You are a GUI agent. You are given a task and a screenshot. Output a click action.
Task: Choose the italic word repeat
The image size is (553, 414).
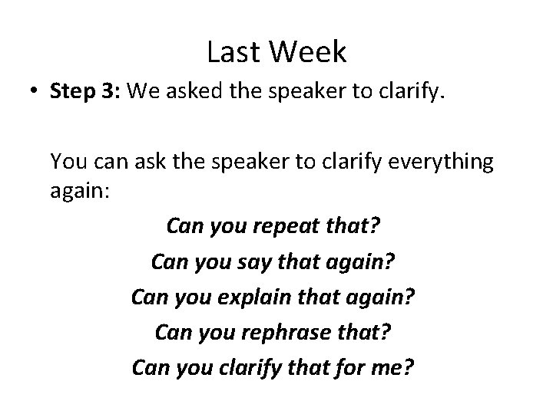click(286, 227)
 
